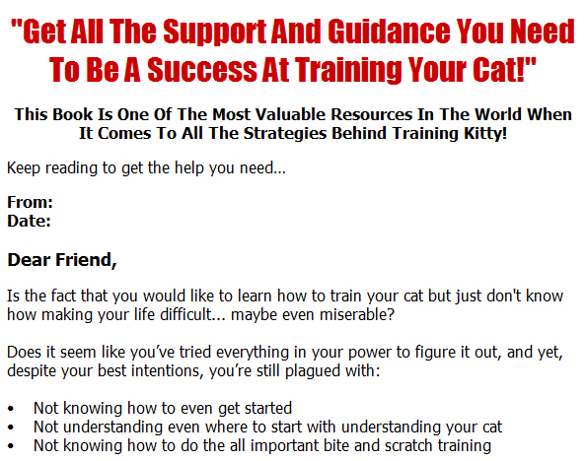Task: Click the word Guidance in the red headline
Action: (389, 32)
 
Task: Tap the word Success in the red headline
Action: (202, 70)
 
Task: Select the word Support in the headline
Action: (214, 33)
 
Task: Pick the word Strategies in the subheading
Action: (285, 134)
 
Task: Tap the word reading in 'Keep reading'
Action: (71, 168)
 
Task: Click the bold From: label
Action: (30, 203)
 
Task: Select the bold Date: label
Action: (29, 222)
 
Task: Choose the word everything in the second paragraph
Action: (253, 353)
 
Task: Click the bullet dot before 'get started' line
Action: (11, 409)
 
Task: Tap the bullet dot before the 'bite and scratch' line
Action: (11, 446)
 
